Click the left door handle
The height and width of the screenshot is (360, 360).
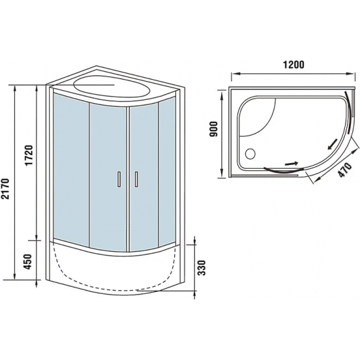coord(119,179)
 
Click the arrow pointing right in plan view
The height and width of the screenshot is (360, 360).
coord(290,164)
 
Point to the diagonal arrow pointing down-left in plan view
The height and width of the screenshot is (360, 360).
coord(333,143)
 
